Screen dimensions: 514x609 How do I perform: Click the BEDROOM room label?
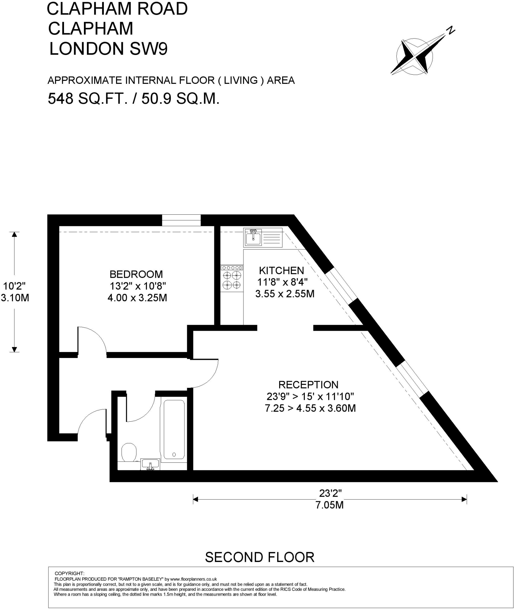tap(136, 274)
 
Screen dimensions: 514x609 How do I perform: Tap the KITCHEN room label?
tap(282, 271)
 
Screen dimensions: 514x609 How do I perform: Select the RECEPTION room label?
tap(308, 385)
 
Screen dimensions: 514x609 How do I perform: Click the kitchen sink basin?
tap(253, 238)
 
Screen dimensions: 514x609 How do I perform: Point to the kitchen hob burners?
tap(232, 280)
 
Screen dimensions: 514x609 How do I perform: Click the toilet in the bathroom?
tap(129, 452)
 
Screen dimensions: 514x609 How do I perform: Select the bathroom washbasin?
tap(150, 464)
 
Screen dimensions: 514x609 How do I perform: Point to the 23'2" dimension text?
tap(330, 493)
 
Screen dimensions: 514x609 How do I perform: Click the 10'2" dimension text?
tap(14, 286)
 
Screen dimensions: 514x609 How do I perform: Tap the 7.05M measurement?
tap(330, 505)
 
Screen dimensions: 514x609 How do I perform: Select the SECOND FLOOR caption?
tap(260, 557)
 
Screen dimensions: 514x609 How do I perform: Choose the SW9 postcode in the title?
tap(149, 48)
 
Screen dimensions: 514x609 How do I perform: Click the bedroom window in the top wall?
tap(181, 220)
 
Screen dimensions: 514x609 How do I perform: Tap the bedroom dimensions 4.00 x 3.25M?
tap(137, 298)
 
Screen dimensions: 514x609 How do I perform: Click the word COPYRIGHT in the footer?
tap(70, 574)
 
